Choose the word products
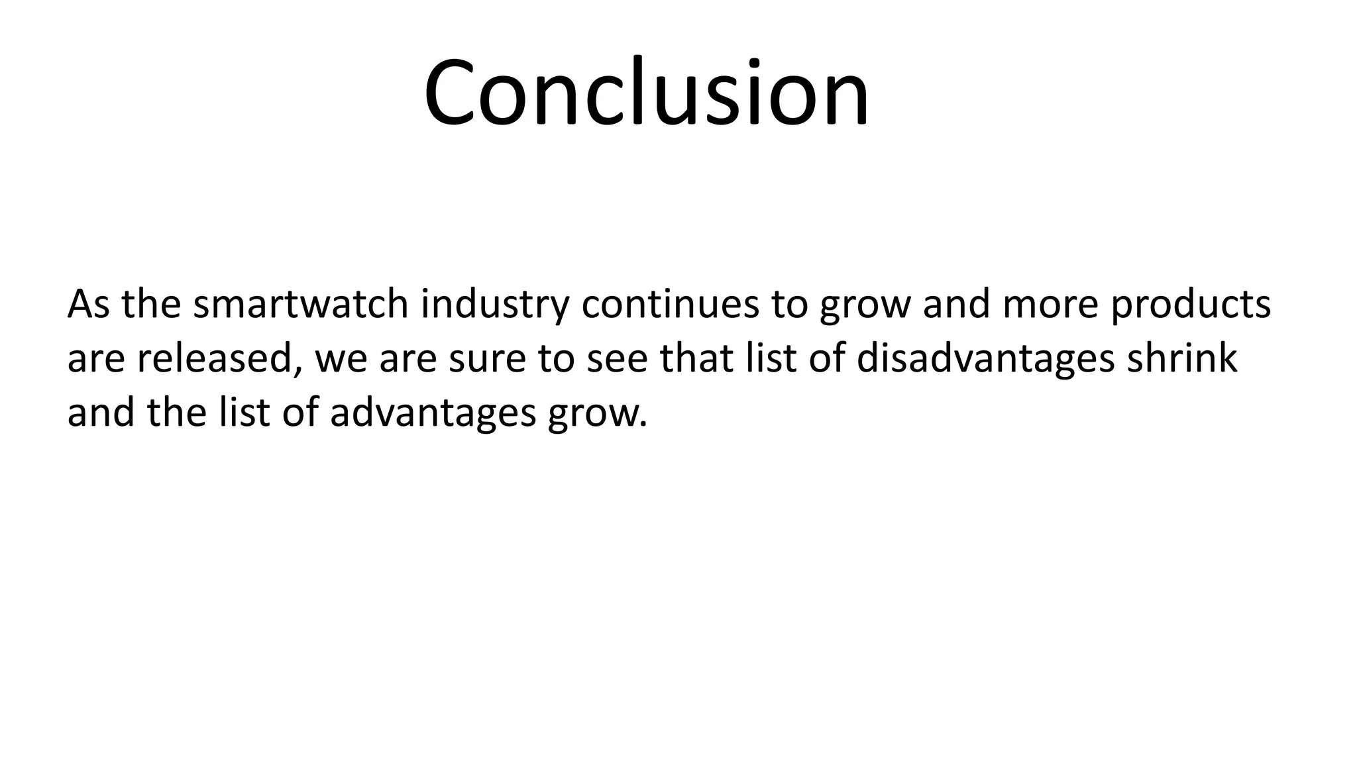click(1191, 305)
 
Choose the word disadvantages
click(985, 360)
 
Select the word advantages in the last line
click(433, 414)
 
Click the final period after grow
click(641, 423)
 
